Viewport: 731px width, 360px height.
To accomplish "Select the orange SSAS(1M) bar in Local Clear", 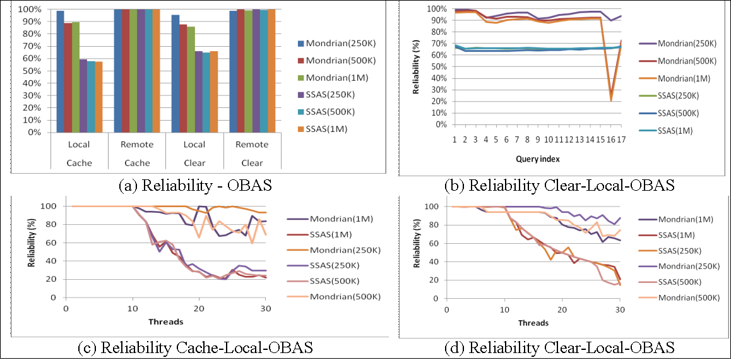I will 213,92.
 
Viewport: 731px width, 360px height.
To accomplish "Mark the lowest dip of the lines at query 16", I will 610,99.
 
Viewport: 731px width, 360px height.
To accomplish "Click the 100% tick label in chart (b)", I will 436,9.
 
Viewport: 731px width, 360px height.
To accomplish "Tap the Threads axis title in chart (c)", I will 166,321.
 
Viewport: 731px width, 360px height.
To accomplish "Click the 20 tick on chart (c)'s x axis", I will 199,309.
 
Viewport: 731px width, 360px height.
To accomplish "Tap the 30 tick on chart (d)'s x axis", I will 620,309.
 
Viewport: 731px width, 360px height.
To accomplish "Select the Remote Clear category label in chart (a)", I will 252,153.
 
